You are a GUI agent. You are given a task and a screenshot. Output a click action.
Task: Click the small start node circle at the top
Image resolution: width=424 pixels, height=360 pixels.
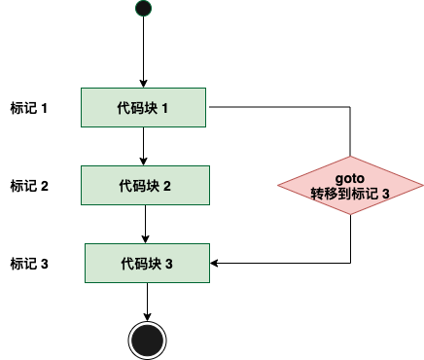coord(143,10)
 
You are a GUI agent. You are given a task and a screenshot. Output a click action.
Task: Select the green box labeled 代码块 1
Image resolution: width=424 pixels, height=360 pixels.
coord(143,107)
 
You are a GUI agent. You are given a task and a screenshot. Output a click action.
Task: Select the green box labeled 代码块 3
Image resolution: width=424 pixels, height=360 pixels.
coord(147,263)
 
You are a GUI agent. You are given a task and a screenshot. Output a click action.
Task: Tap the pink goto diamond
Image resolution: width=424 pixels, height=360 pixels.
coord(350,186)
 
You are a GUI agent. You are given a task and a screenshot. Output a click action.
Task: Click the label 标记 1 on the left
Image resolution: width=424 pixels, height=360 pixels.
coord(28,107)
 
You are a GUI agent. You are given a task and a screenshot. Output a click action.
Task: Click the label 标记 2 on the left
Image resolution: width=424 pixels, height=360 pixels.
coord(28,185)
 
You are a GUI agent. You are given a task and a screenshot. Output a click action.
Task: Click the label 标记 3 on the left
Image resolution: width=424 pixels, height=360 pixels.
coord(28,263)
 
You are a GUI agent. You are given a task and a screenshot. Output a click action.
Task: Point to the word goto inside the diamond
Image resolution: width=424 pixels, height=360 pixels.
coord(350,179)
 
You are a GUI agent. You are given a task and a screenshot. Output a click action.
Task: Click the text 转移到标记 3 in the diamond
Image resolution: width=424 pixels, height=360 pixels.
coord(350,195)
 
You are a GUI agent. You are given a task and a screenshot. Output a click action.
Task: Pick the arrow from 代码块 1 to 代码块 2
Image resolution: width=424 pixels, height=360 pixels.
coord(143,146)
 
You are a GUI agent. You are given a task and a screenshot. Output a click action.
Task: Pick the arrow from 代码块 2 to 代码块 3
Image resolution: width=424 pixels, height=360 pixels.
coord(146,224)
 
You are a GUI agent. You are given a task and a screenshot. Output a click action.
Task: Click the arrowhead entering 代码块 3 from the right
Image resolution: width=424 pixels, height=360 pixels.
coord(215,263)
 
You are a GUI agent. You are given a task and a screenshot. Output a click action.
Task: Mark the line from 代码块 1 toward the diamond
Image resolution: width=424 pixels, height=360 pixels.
coord(282,106)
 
